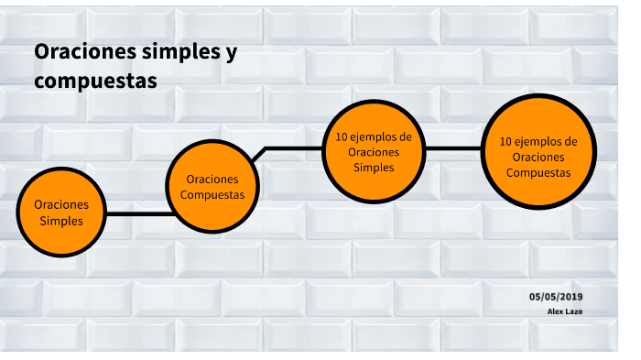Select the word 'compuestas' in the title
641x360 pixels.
click(x=95, y=81)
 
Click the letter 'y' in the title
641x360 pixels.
click(x=230, y=53)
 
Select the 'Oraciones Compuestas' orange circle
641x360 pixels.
click(x=212, y=186)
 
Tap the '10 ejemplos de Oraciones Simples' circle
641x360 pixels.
click(x=374, y=152)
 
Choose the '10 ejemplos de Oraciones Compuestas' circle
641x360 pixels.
click(x=538, y=152)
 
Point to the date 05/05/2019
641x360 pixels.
click(x=556, y=297)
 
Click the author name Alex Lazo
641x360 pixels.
click(x=565, y=311)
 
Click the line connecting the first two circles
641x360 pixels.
click(x=137, y=213)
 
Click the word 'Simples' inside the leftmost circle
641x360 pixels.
click(x=61, y=221)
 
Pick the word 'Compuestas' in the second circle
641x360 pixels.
click(x=212, y=195)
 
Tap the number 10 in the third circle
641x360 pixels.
click(x=342, y=136)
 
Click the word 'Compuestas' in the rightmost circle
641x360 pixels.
click(x=538, y=172)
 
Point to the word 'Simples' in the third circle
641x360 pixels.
click(x=374, y=168)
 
